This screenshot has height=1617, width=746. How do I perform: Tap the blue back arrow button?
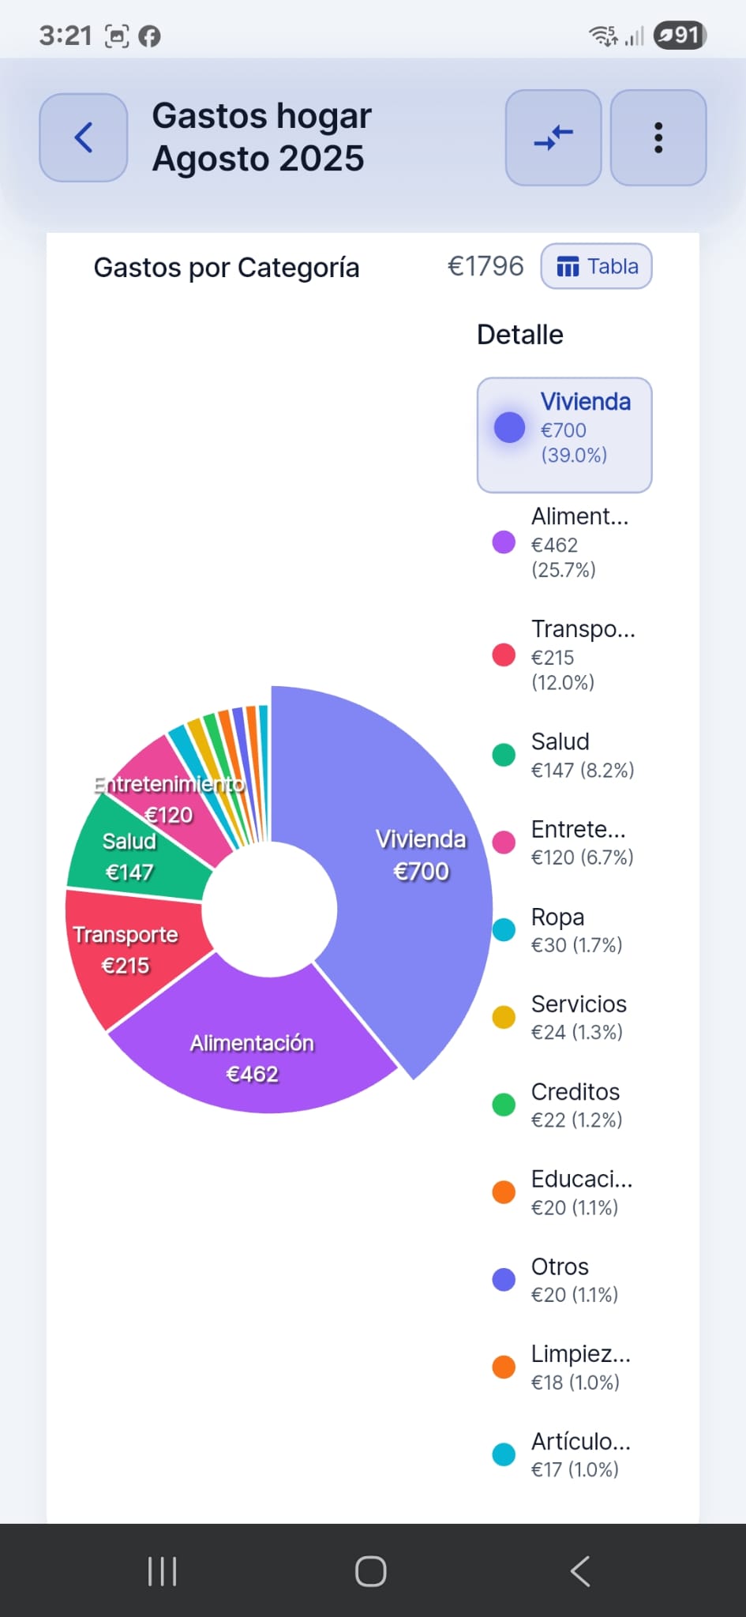pyautogui.click(x=84, y=137)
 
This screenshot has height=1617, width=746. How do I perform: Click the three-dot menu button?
pyautogui.click(x=658, y=137)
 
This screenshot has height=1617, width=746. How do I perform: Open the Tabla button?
pyautogui.click(x=596, y=267)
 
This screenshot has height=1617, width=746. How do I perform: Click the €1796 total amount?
pyautogui.click(x=485, y=267)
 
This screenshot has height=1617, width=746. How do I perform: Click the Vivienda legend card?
pyautogui.click(x=564, y=434)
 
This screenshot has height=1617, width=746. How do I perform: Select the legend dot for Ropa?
pyautogui.click(x=504, y=930)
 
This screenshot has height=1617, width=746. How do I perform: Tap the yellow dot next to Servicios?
pyautogui.click(x=504, y=1017)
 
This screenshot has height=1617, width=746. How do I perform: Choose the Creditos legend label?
pyautogui.click(x=575, y=1092)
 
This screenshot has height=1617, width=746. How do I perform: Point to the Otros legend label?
pyautogui.click(x=560, y=1266)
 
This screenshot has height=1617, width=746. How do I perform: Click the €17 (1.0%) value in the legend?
pyautogui.click(x=575, y=1469)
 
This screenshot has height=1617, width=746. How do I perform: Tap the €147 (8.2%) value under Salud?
pyautogui.click(x=583, y=770)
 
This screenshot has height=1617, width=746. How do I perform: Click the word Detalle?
pyautogui.click(x=519, y=335)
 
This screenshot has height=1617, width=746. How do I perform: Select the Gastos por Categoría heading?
pyautogui.click(x=227, y=268)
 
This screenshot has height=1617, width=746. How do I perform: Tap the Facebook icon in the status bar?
pyautogui.click(x=149, y=36)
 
